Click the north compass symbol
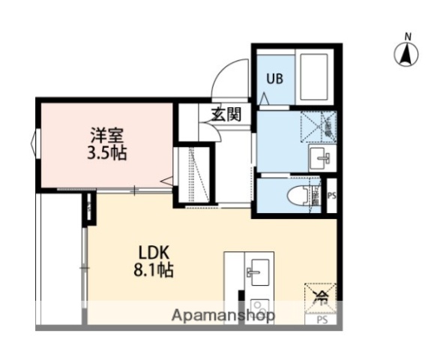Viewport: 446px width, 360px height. pos(407,54)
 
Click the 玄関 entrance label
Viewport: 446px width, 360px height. pos(225,115)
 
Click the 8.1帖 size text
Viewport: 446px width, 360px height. pos(156,270)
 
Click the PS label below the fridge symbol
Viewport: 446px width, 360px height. pos(322,320)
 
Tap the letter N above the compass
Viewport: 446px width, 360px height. pos(408,35)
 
